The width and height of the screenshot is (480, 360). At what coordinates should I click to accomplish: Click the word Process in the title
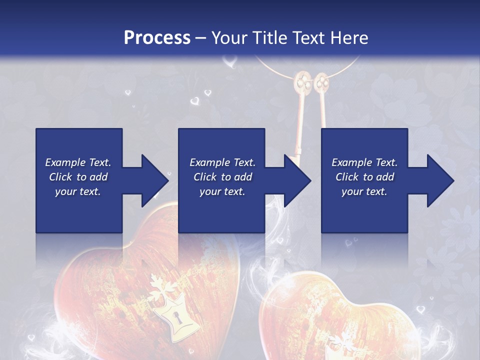point(157,38)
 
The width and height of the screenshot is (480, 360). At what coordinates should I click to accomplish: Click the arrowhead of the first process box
point(155,180)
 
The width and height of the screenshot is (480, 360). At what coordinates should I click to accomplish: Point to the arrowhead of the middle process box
point(298,180)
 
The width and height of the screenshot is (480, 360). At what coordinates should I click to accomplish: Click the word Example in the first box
point(65,162)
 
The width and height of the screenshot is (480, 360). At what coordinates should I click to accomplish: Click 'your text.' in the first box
point(78,191)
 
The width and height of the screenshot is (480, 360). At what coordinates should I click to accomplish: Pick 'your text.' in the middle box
point(222,191)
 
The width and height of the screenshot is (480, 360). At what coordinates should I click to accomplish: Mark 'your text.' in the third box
point(364,191)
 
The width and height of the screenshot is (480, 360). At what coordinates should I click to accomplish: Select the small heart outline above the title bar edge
point(229,62)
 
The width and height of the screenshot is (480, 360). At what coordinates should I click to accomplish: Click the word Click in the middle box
point(205,177)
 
